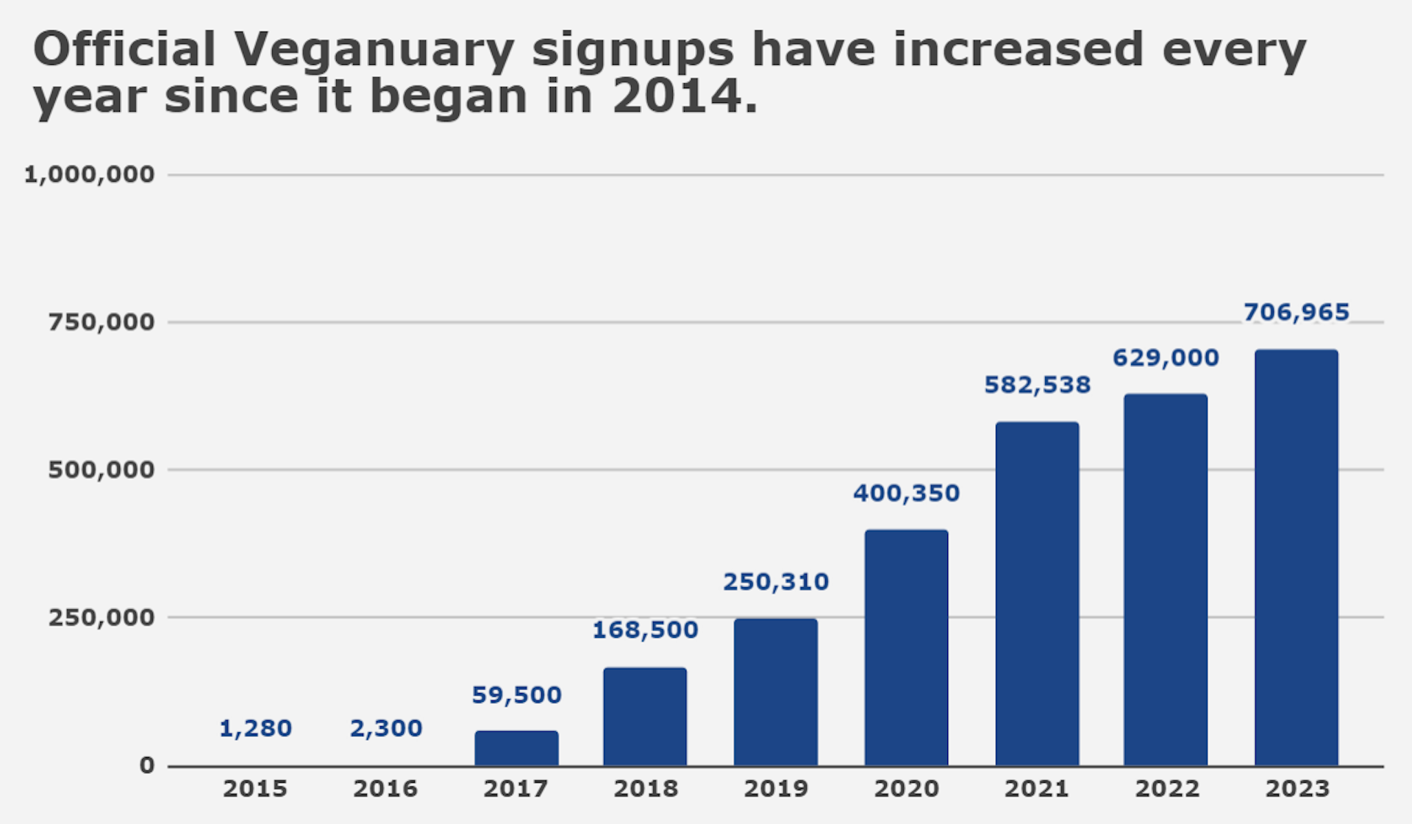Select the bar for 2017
516,748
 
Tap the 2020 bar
906,647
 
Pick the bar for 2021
1037,594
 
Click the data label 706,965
1297,313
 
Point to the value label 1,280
255,728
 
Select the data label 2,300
386,728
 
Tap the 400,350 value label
906,493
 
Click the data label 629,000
1166,358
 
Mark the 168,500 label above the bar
645,630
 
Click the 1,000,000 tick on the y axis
89,174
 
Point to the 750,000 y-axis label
101,322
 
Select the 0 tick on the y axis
147,765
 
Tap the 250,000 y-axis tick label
101,617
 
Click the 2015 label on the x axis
255,789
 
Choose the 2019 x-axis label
776,789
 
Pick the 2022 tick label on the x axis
1167,789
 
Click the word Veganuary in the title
374,50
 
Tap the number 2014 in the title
677,96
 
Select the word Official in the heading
124,50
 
